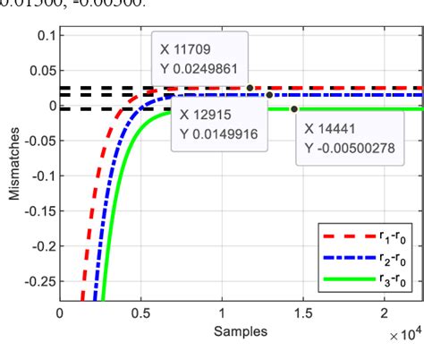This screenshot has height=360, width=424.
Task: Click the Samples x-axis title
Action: (x=236, y=331)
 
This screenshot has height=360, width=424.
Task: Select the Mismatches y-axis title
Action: (x=13, y=167)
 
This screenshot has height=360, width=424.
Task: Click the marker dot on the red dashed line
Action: (x=250, y=88)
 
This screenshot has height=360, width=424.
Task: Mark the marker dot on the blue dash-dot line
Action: (x=269, y=94)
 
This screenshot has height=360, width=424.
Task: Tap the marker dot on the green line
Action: (x=294, y=109)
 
